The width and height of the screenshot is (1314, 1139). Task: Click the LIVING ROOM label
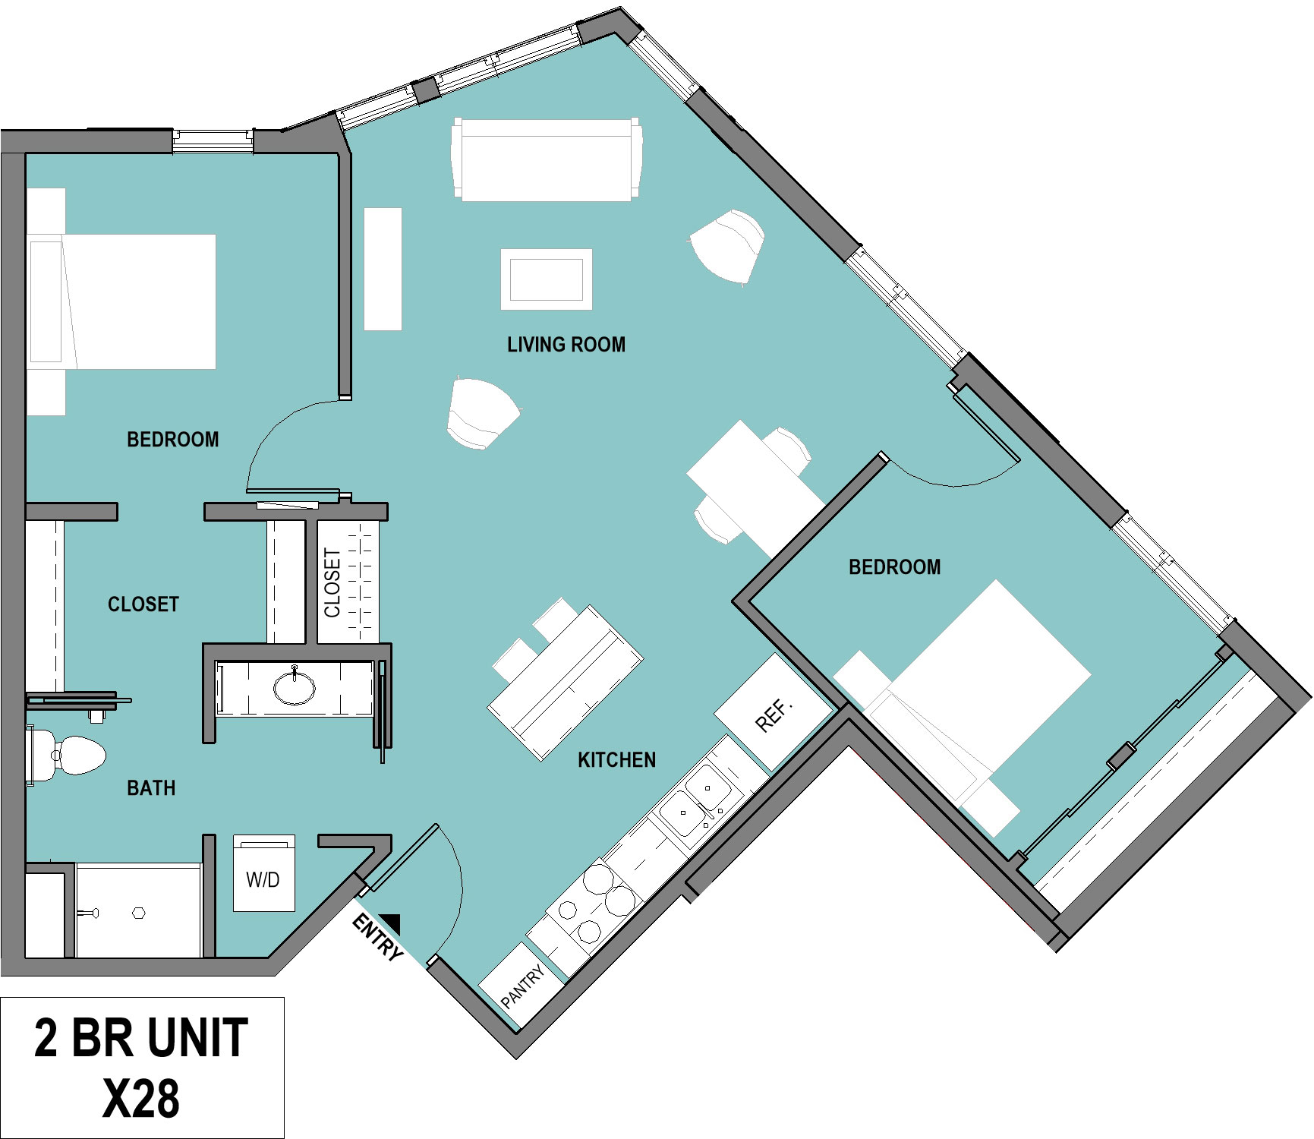click(566, 345)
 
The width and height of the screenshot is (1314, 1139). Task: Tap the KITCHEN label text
click(616, 760)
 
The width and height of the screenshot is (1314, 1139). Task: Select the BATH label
click(151, 788)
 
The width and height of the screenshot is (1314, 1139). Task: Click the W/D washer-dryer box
click(263, 873)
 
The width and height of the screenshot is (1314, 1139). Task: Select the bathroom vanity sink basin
click(295, 687)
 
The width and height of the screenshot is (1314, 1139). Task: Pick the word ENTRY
click(377, 938)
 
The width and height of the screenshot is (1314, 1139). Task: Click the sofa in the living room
click(547, 159)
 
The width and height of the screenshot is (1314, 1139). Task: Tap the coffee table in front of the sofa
click(547, 279)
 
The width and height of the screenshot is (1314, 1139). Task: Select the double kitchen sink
click(695, 801)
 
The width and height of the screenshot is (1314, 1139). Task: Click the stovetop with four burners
click(594, 903)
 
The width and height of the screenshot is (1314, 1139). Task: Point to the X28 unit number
click(141, 1098)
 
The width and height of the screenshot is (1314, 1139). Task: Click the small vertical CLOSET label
click(332, 583)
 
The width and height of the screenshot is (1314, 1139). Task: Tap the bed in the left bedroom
click(121, 301)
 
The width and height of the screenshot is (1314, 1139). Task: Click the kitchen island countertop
click(566, 683)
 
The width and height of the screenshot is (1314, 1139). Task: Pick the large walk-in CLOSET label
click(143, 604)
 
